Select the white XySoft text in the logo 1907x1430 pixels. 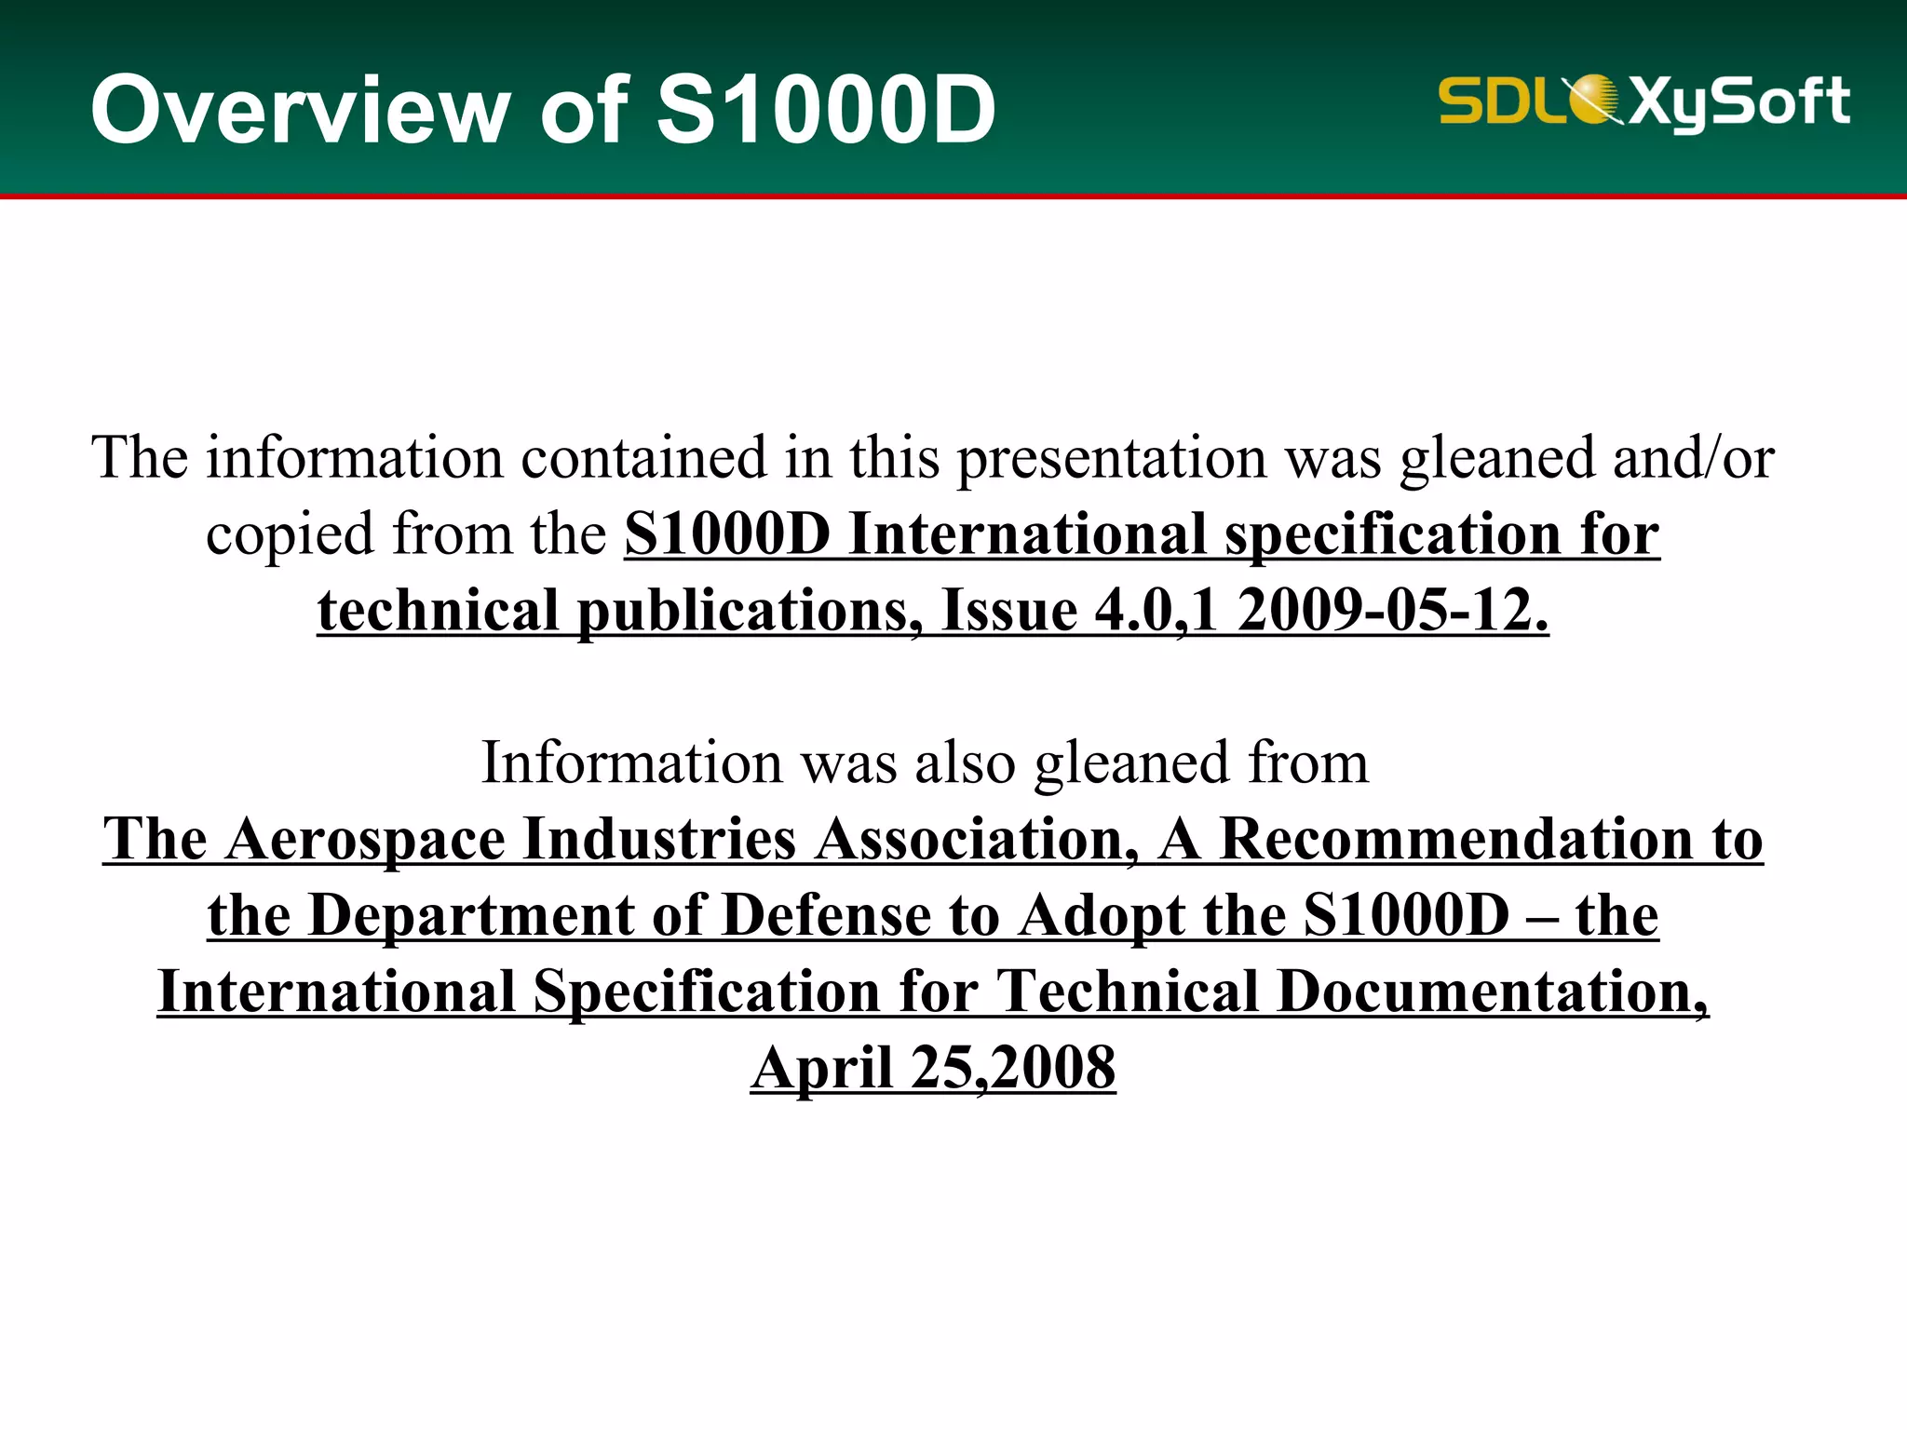[x=1739, y=102]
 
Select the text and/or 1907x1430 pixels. [x=1693, y=458]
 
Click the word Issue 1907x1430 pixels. [x=1009, y=611]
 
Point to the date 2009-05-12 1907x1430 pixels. [x=1393, y=611]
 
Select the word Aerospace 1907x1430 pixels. [x=365, y=840]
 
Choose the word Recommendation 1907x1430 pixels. [x=1456, y=840]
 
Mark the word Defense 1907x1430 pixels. [x=826, y=916]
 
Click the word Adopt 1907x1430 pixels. [x=1101, y=916]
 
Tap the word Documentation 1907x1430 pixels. [x=1492, y=992]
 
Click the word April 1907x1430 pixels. [x=822, y=1068]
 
